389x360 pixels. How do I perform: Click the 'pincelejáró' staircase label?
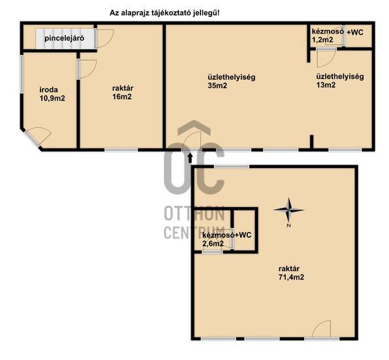tap(64, 39)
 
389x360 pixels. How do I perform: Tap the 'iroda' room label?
tap(48, 90)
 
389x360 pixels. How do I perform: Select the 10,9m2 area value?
tap(52, 98)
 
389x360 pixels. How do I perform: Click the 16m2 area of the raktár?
tap(122, 97)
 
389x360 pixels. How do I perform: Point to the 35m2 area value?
tap(217, 86)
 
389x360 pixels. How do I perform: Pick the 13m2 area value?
tap(326, 85)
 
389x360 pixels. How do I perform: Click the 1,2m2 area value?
tap(322, 39)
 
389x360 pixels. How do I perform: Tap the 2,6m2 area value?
tap(213, 244)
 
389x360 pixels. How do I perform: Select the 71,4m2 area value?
tap(291, 277)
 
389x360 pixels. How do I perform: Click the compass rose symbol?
tap(288, 210)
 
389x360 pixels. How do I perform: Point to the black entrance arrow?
tap(191, 158)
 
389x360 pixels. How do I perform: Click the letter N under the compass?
tap(288, 225)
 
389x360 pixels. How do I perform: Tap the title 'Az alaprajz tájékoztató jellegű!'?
tap(164, 13)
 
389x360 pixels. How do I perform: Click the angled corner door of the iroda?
tap(37, 137)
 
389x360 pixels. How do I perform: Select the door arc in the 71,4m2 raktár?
tap(321, 329)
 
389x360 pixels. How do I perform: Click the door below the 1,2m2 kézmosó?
tap(326, 58)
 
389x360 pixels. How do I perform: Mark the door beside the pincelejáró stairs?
tap(104, 39)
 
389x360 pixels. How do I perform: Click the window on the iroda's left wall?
tap(22, 74)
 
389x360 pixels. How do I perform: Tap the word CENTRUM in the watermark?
tap(194, 233)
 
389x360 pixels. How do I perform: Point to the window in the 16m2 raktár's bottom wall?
tap(121, 150)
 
